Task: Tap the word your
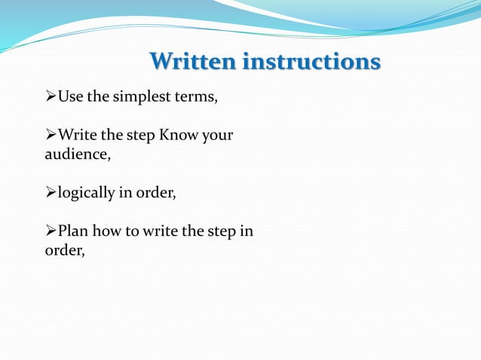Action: tap(217, 136)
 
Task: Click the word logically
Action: tap(86, 194)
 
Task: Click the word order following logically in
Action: tap(155, 194)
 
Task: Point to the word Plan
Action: tap(72, 232)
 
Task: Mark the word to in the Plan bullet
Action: tap(130, 232)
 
